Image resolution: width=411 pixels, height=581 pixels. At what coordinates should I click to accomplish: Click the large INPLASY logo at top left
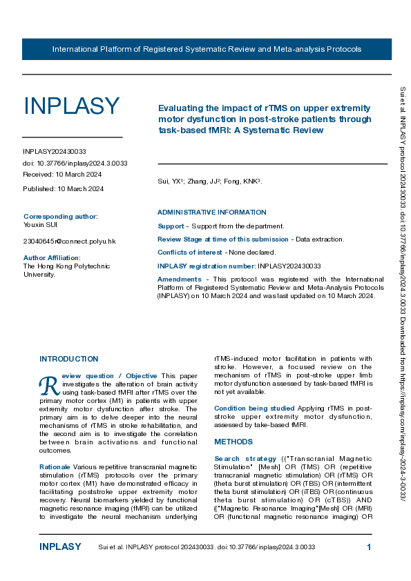(71, 107)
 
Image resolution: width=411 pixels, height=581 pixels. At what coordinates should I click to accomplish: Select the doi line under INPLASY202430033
(75, 164)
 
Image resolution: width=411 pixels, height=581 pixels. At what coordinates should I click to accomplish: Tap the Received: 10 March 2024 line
(63, 175)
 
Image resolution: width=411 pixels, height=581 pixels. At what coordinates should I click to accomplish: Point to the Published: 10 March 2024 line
(63, 189)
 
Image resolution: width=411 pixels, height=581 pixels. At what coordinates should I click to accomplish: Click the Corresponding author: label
(61, 216)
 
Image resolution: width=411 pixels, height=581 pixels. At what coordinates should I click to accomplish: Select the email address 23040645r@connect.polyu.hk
(69, 241)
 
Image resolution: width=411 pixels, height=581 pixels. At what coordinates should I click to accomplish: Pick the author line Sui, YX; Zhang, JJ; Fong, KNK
(209, 181)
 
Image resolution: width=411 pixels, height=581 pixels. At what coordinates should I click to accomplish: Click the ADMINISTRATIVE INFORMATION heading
(211, 213)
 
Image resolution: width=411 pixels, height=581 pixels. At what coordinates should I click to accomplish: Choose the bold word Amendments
(180, 279)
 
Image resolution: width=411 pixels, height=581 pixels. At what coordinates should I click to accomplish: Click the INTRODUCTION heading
(68, 359)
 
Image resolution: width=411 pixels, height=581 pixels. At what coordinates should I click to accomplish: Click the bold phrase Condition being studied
(254, 408)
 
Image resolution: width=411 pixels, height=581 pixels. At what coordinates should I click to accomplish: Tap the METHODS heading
(233, 442)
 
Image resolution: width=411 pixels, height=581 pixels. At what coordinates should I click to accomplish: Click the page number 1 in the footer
(369, 547)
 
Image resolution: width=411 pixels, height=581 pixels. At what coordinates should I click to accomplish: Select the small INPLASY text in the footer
(60, 547)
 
